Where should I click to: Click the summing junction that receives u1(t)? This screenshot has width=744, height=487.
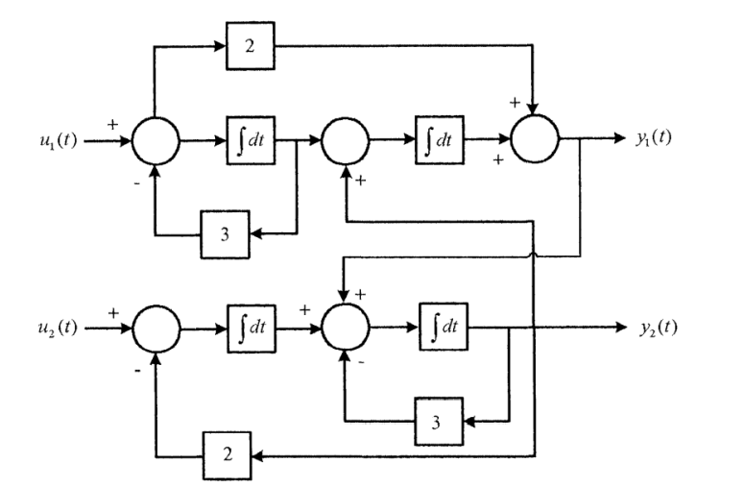coord(156,139)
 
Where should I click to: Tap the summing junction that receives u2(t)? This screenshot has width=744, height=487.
coord(156,329)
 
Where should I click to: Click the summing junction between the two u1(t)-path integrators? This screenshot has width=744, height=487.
coord(344,139)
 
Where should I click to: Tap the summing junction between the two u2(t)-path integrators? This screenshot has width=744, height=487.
coord(344,329)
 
